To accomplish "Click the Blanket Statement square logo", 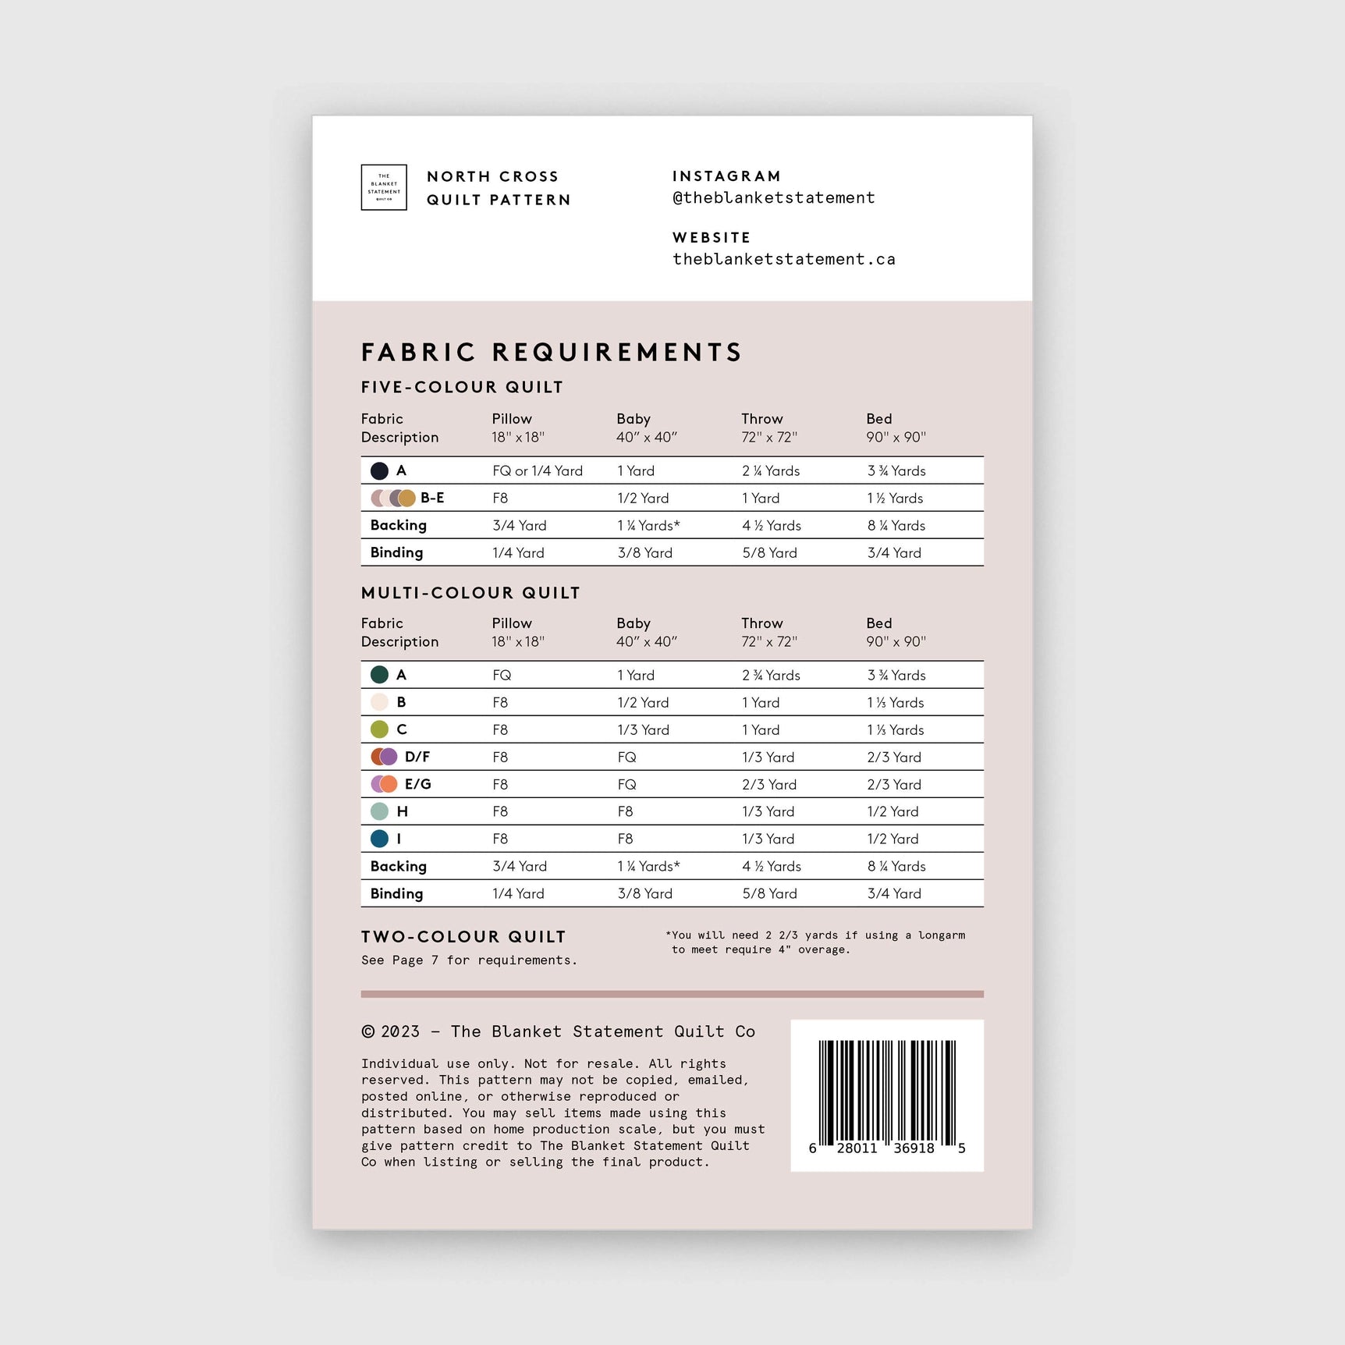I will pyautogui.click(x=384, y=187).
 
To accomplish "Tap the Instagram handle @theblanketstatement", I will pyautogui.click(x=773, y=198).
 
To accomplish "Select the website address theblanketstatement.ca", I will pyautogui.click(x=783, y=259).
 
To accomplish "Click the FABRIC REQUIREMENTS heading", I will pyautogui.click(x=551, y=352).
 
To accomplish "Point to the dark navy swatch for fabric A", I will pyautogui.click(x=379, y=470).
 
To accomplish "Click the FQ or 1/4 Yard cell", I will pyautogui.click(x=538, y=470).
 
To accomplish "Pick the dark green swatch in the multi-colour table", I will pyautogui.click(x=379, y=675).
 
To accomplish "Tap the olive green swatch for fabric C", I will pyautogui.click(x=379, y=729).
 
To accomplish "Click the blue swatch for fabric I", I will pyautogui.click(x=379, y=839).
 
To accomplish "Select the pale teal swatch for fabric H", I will pyautogui.click(x=379, y=811).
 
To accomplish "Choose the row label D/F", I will pyautogui.click(x=417, y=757).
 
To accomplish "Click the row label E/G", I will pyautogui.click(x=417, y=784).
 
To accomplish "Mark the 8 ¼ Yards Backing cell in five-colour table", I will pyautogui.click(x=896, y=525).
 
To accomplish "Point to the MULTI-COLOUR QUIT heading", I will pyautogui.click(x=470, y=593).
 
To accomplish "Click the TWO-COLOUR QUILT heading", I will pyautogui.click(x=463, y=936).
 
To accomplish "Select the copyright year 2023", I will pyautogui.click(x=400, y=1031).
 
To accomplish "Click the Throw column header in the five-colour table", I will pyautogui.click(x=762, y=419).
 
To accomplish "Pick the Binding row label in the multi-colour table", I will pyautogui.click(x=396, y=893).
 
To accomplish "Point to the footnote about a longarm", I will pyautogui.click(x=818, y=942).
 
